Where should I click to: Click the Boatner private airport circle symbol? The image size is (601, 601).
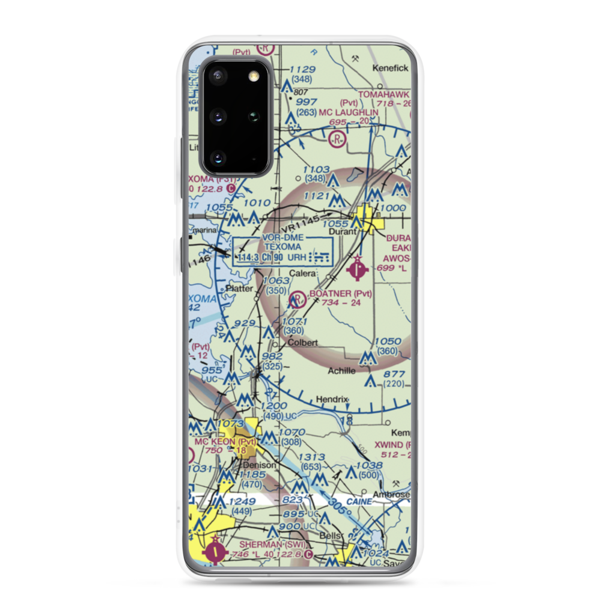click(x=297, y=299)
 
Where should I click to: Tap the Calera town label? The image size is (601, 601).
click(x=303, y=273)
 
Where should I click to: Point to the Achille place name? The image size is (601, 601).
click(x=341, y=371)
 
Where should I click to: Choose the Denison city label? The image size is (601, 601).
click(x=260, y=465)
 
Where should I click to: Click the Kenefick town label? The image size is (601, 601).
click(x=390, y=69)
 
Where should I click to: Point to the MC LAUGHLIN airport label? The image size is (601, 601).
click(x=349, y=112)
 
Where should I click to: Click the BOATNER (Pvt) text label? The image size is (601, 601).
click(x=340, y=294)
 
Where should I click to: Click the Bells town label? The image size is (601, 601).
click(x=330, y=535)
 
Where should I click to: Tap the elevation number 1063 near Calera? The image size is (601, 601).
click(x=276, y=281)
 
